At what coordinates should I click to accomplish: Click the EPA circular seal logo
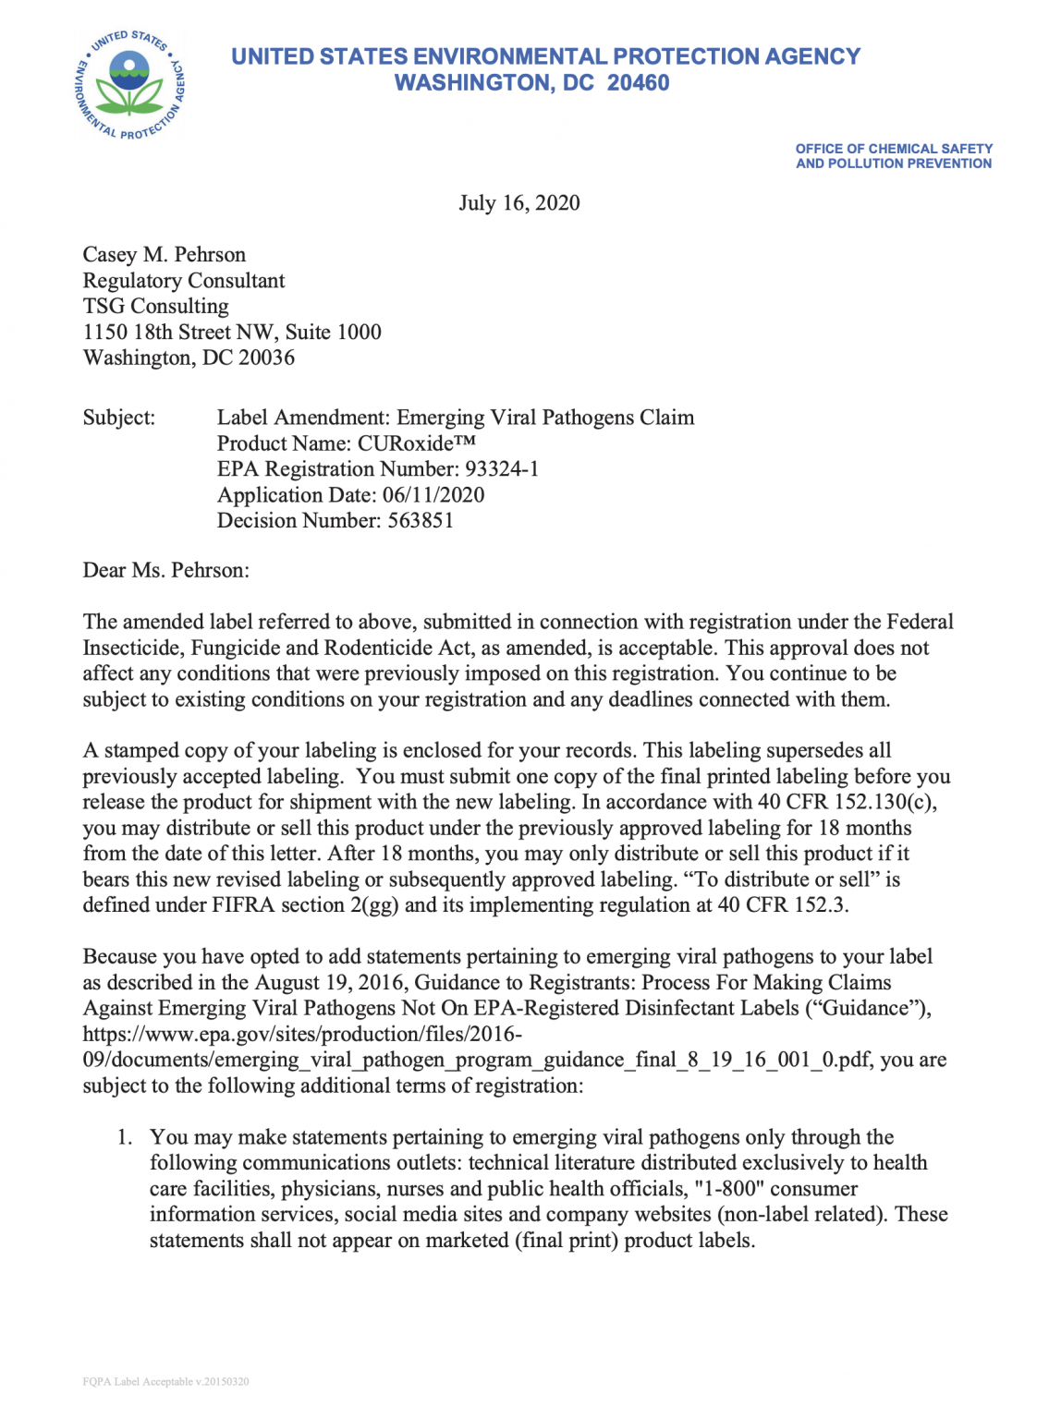coord(129,84)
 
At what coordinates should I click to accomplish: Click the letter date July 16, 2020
coord(519,203)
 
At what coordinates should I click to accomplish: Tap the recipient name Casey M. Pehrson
coord(165,255)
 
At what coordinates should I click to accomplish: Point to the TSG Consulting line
coord(156,307)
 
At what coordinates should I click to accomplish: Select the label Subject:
coord(119,418)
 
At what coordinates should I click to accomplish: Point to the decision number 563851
coord(421,521)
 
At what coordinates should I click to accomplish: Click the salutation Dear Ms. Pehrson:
coord(166,570)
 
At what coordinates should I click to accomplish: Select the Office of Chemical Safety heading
coord(894,156)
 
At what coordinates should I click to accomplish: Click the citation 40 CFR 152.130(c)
coord(847,802)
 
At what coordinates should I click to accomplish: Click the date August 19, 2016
coord(327,983)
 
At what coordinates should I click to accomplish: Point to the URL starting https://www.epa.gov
coord(302,1035)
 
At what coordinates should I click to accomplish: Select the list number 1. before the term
coord(125,1137)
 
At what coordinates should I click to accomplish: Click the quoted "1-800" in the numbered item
coord(729,1189)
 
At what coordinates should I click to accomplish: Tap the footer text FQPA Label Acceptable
coord(165,1382)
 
